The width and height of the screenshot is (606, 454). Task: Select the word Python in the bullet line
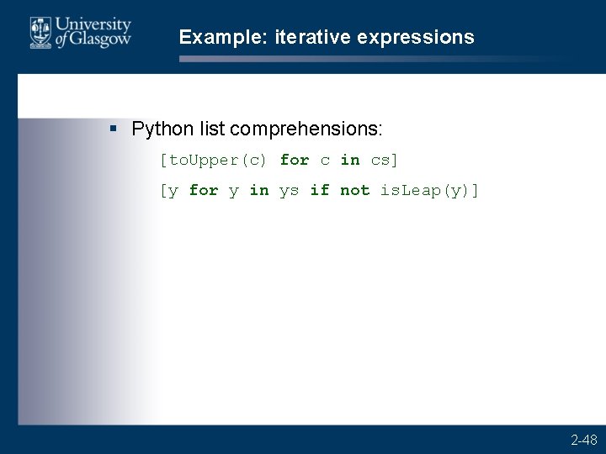163,129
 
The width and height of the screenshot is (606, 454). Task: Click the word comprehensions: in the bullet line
306,129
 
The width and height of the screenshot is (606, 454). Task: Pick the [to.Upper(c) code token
213,160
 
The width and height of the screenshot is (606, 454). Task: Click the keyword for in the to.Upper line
295,160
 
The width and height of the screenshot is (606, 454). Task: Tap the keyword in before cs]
350,160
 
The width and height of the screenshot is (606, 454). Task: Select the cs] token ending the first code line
385,160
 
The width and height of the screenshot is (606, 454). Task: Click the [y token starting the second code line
169,191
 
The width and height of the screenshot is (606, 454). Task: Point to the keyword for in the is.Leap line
204,191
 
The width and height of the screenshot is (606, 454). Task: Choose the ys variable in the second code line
289,191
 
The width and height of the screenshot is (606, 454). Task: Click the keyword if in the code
320,191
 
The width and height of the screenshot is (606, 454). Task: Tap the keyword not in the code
355,191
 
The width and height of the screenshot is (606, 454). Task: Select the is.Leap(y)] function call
429,191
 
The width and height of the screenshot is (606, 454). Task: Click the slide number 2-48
584,440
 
